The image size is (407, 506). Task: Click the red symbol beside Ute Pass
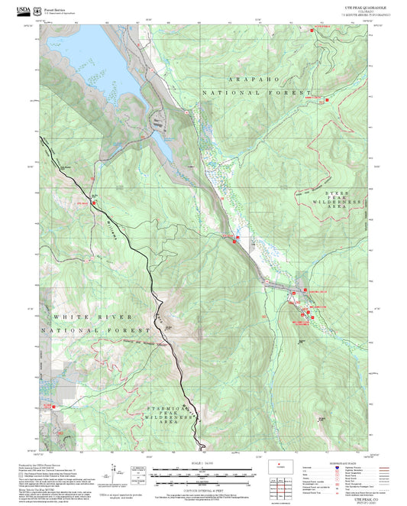(x=94, y=203)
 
